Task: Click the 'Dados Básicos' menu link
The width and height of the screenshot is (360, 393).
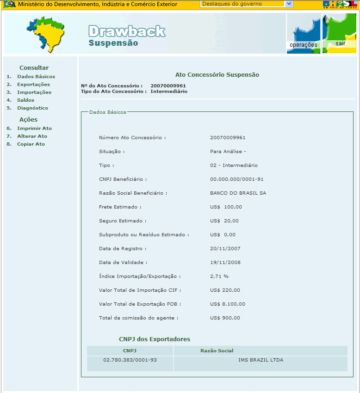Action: [x=36, y=77]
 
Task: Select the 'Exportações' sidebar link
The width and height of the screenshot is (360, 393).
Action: [x=33, y=85]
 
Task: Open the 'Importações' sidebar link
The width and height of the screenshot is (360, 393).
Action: [x=34, y=92]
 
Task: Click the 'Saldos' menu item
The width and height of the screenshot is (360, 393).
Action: [x=25, y=100]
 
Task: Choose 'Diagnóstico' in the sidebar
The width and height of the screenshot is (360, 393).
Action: [x=32, y=108]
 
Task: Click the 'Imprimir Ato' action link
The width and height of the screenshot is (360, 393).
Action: [x=34, y=129]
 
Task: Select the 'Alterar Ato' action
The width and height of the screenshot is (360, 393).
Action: [x=32, y=136]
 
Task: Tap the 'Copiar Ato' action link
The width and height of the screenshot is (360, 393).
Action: [x=31, y=144]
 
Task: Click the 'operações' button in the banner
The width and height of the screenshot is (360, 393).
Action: [x=303, y=45]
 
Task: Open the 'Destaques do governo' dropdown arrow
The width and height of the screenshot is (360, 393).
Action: [x=289, y=4]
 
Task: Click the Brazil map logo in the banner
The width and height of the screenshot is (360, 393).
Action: [x=45, y=34]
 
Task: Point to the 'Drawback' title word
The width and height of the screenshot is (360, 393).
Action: [x=126, y=31]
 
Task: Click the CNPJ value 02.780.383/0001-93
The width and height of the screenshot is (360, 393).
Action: [x=130, y=360]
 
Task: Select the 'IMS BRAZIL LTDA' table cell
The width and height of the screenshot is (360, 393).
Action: [x=261, y=360]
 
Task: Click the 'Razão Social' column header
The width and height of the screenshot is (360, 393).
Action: [x=217, y=351]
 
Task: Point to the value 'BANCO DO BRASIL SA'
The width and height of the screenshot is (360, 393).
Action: [x=238, y=193]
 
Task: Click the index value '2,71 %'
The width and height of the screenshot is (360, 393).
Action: [x=219, y=276]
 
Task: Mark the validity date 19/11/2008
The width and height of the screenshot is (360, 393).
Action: [x=225, y=263]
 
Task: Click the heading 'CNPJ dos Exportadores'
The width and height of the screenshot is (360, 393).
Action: [x=155, y=339]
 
